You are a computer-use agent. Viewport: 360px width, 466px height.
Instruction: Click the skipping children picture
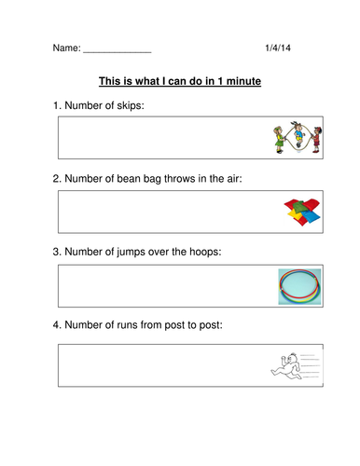(297, 138)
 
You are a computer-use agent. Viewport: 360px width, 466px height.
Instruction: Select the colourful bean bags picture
(298, 212)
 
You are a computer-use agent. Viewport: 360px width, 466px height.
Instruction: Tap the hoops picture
(298, 286)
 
